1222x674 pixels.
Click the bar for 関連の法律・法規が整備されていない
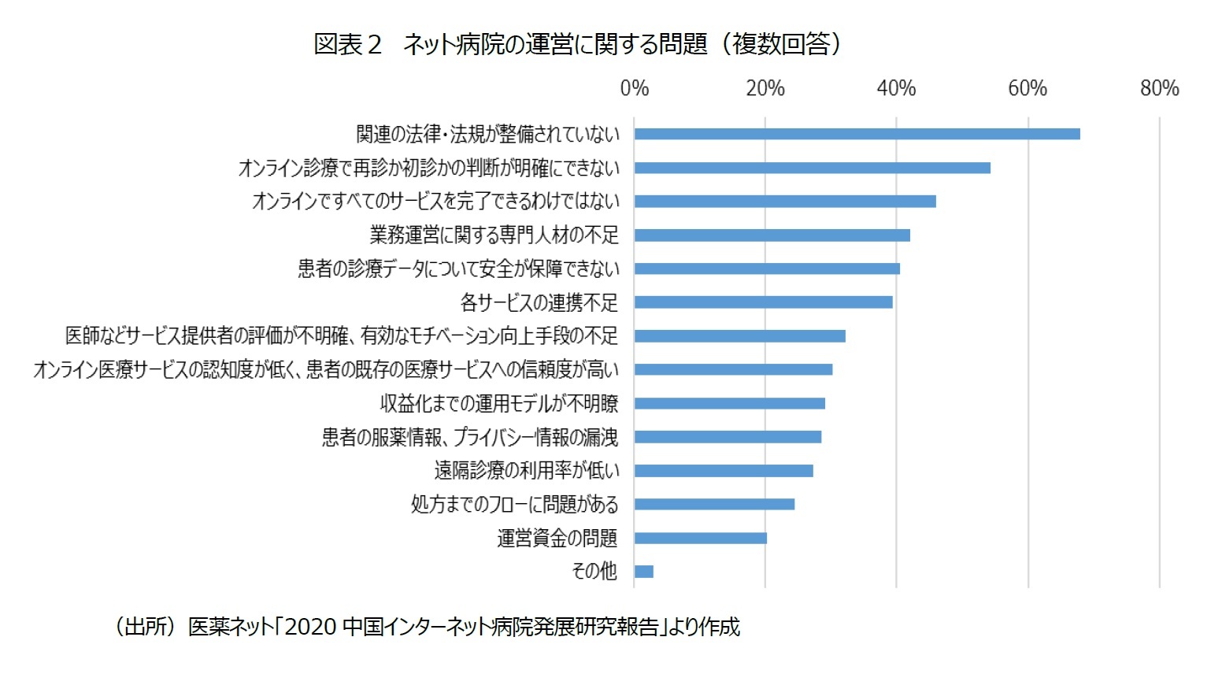click(857, 134)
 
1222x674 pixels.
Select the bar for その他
click(644, 572)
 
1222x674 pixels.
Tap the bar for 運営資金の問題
click(701, 538)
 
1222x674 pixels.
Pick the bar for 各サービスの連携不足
click(763, 302)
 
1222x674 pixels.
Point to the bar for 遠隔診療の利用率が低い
click(724, 471)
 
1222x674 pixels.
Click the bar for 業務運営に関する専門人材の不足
click(772, 235)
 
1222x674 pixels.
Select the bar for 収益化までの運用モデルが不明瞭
click(730, 403)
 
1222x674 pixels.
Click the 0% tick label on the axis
click(635, 88)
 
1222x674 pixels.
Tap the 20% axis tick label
click(765, 88)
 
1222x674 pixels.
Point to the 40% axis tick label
click(896, 88)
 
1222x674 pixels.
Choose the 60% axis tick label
click(1028, 88)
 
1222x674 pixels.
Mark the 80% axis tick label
click(1159, 88)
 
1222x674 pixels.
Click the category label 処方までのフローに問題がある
click(514, 504)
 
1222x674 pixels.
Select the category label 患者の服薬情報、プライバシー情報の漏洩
click(470, 437)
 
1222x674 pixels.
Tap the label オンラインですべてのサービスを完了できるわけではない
click(435, 202)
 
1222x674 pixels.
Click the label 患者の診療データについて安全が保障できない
click(458, 268)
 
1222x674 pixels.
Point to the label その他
click(594, 571)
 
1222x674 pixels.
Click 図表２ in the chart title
click(347, 44)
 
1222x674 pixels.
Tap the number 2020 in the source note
click(310, 627)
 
